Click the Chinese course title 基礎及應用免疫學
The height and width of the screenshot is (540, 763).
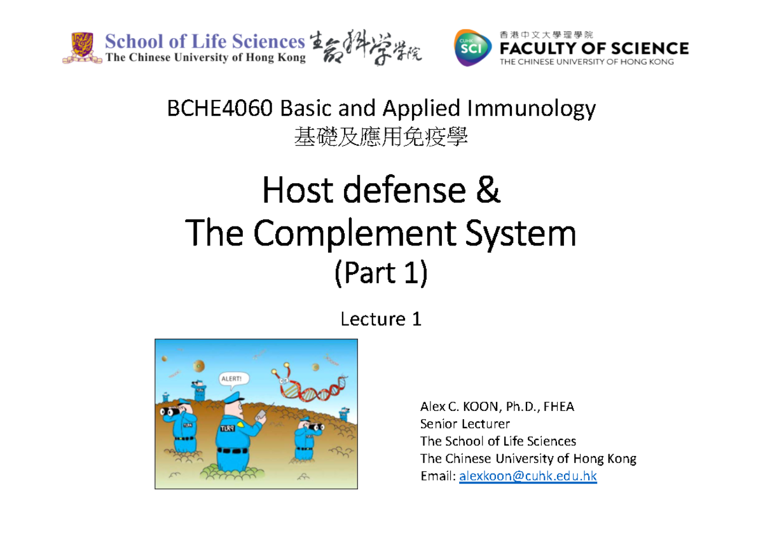pos(381,135)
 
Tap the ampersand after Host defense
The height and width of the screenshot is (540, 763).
pos(488,193)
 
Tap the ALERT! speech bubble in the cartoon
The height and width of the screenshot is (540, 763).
pos(230,378)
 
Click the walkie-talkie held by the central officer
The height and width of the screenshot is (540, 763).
pos(259,416)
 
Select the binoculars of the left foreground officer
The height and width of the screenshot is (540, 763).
pos(167,412)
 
